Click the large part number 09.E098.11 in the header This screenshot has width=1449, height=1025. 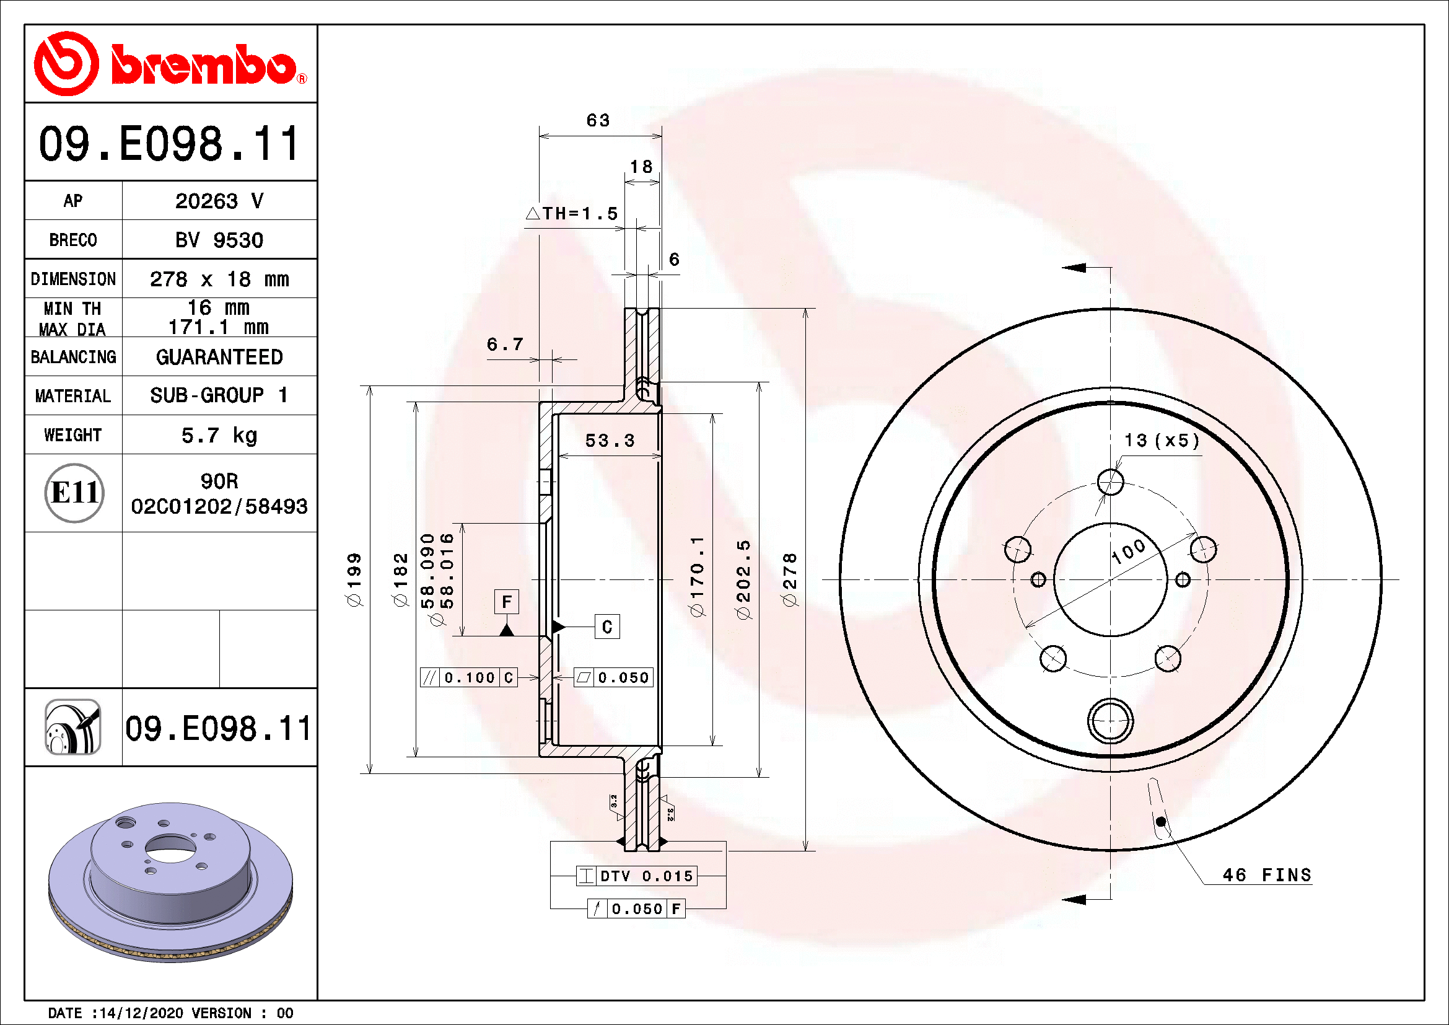pyautogui.click(x=169, y=144)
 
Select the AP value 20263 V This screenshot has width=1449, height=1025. pyautogui.click(x=219, y=201)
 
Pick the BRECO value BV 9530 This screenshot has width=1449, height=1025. pyautogui.click(x=219, y=240)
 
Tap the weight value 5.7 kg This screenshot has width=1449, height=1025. pyautogui.click(x=219, y=436)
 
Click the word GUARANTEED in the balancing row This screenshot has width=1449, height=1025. pyautogui.click(x=219, y=357)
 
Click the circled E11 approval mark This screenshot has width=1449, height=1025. pyautogui.click(x=74, y=493)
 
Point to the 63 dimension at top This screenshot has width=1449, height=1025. pyautogui.click(x=598, y=121)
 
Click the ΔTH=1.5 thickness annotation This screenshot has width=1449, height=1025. pyautogui.click(x=572, y=214)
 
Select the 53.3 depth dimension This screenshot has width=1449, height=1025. pyautogui.click(x=610, y=441)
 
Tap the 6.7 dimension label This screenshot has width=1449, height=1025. pyautogui.click(x=505, y=345)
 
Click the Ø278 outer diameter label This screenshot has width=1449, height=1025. pyautogui.click(x=790, y=579)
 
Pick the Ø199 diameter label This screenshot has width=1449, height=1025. pyautogui.click(x=355, y=579)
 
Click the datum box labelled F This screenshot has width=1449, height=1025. pyautogui.click(x=506, y=602)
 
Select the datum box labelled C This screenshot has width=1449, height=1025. pyautogui.click(x=607, y=627)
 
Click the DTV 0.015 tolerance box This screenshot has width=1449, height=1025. pyautogui.click(x=637, y=876)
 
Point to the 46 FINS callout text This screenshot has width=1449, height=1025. pyautogui.click(x=1267, y=875)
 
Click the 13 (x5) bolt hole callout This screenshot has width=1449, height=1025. pyautogui.click(x=1161, y=441)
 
